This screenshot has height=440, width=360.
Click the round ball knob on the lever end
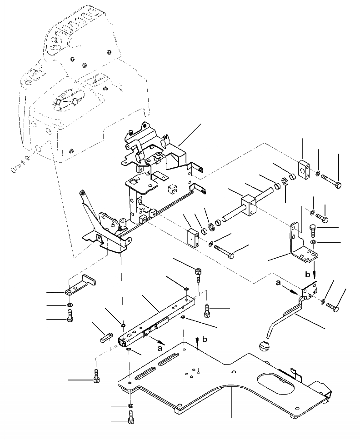[x=263, y=347]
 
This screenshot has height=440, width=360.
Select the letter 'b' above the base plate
[x=205, y=339]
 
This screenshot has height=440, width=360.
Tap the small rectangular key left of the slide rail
[x=106, y=337]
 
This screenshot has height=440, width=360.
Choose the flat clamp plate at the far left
[x=82, y=285]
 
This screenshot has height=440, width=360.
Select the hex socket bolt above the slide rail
[x=199, y=274]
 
